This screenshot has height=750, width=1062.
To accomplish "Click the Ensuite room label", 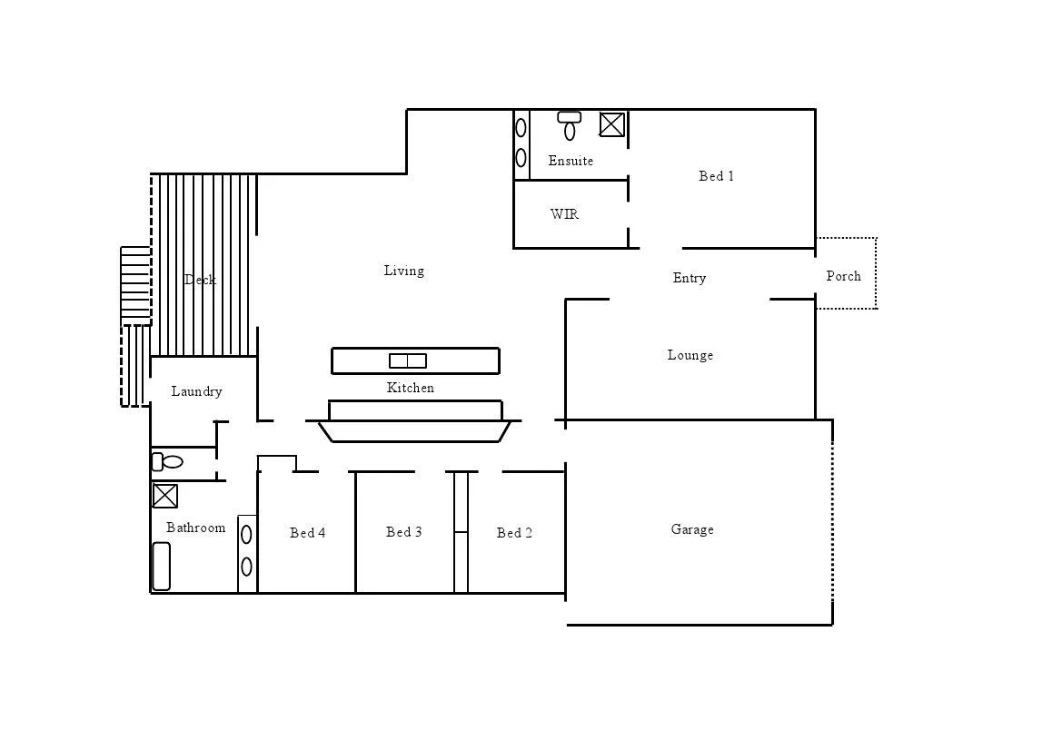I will [571, 161].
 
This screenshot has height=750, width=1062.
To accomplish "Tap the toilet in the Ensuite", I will [570, 127].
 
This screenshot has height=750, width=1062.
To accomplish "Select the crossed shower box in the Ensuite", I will [612, 124].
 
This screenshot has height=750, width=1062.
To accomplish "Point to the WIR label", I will [564, 214].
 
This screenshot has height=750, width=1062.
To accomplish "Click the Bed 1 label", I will [716, 176].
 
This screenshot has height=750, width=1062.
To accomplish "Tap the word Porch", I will [843, 276].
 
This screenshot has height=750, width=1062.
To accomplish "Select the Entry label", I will [689, 278].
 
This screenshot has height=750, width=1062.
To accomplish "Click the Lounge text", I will [690, 355].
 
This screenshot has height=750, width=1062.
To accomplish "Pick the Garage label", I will [691, 529].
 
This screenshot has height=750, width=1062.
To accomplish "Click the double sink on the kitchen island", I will [408, 360].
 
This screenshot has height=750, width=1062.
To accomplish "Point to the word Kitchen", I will [411, 388].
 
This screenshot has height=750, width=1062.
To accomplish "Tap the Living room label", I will [403, 271].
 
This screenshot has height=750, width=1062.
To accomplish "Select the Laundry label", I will [196, 391].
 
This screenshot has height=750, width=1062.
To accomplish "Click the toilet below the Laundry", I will [168, 462].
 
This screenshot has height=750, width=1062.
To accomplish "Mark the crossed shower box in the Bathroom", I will [164, 496].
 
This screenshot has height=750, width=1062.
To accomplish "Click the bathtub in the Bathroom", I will [161, 566].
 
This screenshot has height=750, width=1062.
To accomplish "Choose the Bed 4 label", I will [307, 533].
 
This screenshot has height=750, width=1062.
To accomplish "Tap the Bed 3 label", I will [403, 532].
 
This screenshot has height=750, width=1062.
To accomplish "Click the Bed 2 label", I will [514, 533].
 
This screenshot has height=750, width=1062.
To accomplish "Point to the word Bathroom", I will [195, 528].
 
